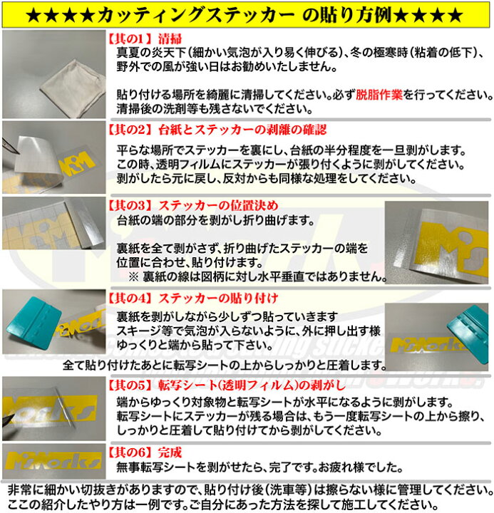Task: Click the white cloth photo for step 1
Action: tap(53, 74)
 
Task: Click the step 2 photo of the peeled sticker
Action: tap(53, 155)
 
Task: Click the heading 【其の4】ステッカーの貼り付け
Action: tap(192, 297)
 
